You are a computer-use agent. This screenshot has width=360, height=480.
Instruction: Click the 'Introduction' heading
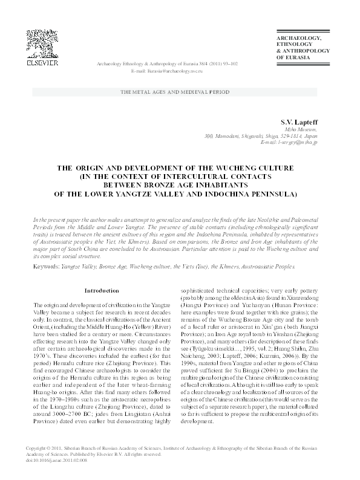[x=101, y=290]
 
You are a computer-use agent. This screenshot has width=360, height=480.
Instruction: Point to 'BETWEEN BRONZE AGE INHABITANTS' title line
[x=180, y=186]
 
